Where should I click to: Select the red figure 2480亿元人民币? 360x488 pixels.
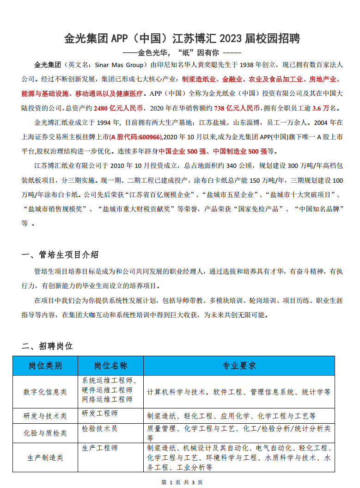point(118,108)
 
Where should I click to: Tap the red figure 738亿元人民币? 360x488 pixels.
point(237,108)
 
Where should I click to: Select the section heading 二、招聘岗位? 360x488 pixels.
point(48,346)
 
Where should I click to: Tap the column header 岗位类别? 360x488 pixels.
point(45,365)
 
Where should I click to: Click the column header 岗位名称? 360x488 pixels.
point(111,365)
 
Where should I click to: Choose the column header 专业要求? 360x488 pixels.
point(239,365)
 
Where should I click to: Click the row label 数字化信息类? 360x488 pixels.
point(45,391)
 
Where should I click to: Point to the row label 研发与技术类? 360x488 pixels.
point(45,415)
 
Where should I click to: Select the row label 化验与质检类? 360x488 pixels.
point(45,433)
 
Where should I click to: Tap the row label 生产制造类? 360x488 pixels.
point(45,457)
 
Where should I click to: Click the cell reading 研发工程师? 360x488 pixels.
point(100,413)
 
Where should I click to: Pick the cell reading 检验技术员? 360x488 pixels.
point(100,429)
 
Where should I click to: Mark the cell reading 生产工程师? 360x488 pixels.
point(100,448)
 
